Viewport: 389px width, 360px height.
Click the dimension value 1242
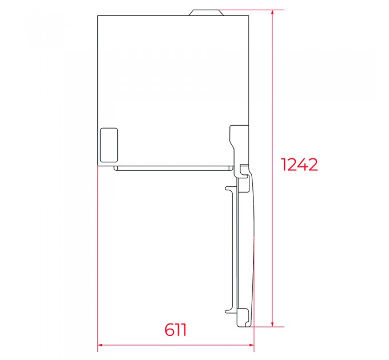click(x=299, y=165)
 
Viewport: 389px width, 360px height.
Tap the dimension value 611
click(x=176, y=330)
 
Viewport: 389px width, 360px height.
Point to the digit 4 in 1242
click(x=303, y=165)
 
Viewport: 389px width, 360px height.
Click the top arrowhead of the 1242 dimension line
click(x=273, y=12)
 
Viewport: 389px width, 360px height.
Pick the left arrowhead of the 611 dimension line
click(x=101, y=345)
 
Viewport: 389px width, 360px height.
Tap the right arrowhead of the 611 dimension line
click(x=251, y=345)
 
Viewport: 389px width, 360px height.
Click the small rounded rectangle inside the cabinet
click(x=109, y=144)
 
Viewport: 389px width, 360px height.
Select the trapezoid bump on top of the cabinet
click(x=204, y=12)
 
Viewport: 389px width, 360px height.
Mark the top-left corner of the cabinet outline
click(x=98, y=15)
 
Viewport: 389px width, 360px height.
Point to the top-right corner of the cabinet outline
click(x=248, y=15)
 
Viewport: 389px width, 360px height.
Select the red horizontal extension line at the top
click(x=252, y=9)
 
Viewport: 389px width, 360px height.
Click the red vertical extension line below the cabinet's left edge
click(x=98, y=257)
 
